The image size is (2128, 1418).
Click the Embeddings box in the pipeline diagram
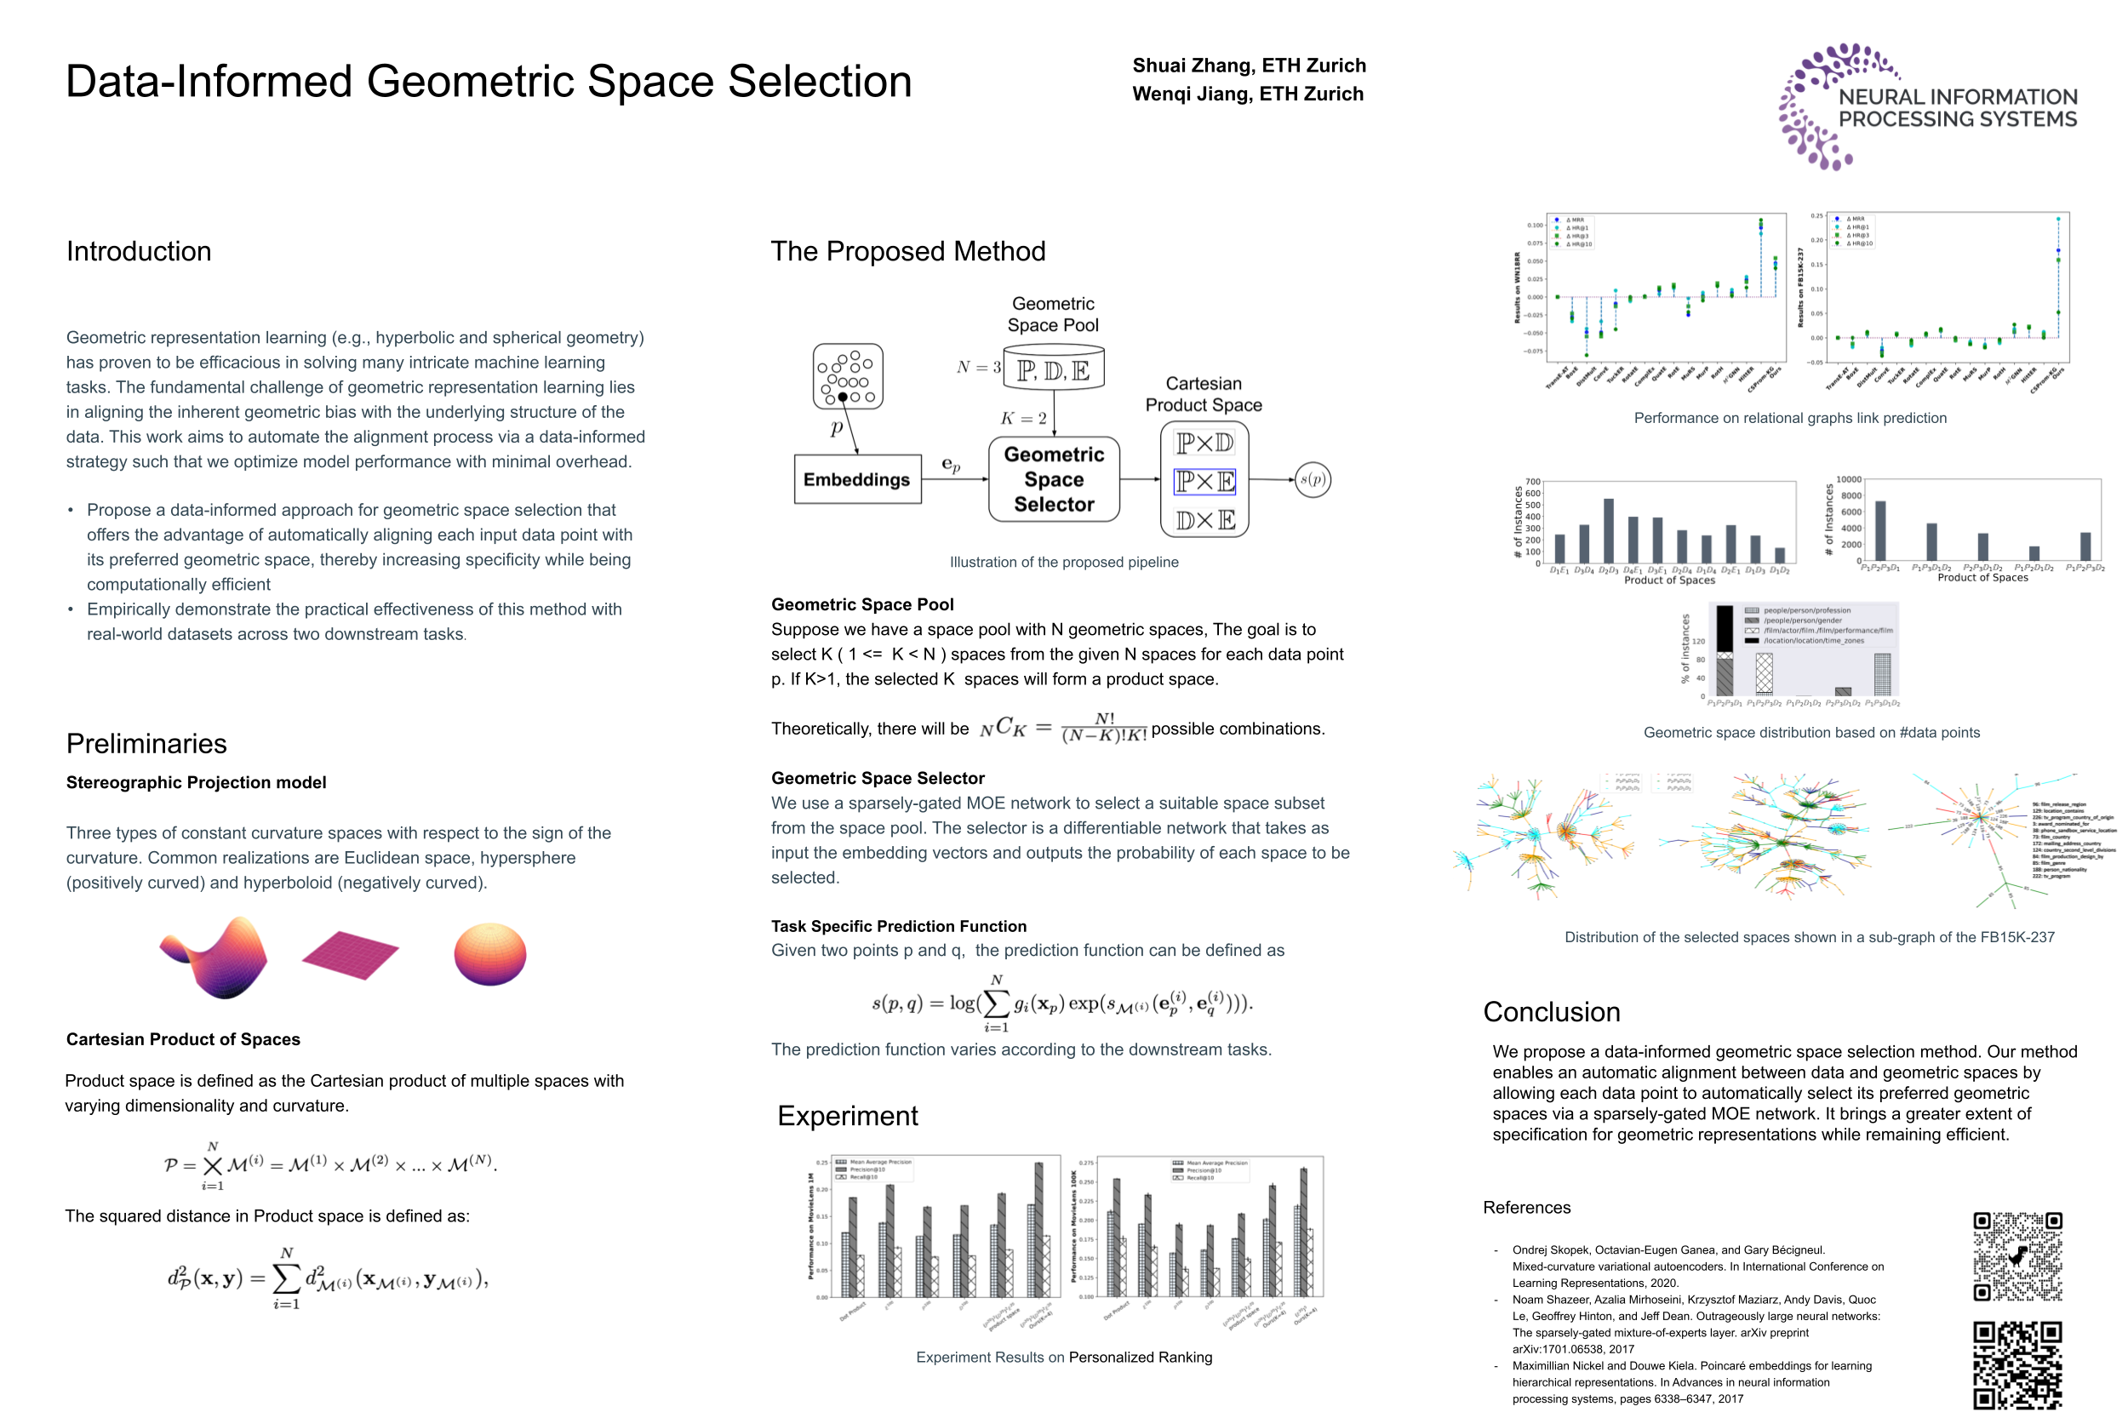click(856, 479)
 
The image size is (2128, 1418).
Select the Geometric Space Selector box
click(1054, 479)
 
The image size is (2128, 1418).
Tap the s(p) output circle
click(1313, 479)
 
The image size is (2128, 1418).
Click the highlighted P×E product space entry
click(1204, 481)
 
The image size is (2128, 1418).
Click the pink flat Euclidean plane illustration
click(350, 955)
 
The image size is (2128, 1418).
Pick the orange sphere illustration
click(489, 954)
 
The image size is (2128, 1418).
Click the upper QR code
click(2016, 1256)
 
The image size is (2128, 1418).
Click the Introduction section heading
click(139, 251)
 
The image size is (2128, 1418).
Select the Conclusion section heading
click(1551, 1012)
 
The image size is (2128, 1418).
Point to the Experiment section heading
click(848, 1116)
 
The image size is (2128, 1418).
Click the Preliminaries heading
click(146, 743)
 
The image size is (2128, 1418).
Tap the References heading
click(1526, 1207)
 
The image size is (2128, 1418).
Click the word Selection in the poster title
click(820, 82)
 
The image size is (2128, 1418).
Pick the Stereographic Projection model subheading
click(197, 782)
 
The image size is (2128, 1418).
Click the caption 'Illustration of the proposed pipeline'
click(1063, 562)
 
